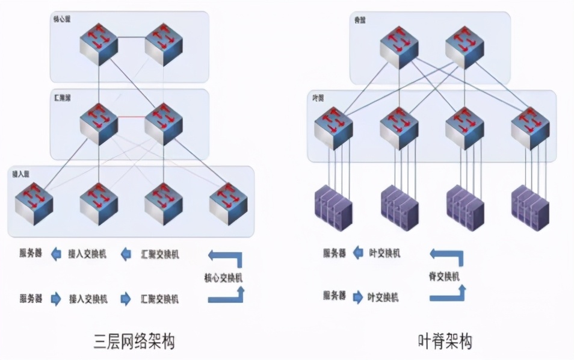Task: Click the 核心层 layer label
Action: pyautogui.click(x=63, y=20)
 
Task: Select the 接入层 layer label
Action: pyautogui.click(x=21, y=173)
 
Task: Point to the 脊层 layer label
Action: pyautogui.click(x=360, y=20)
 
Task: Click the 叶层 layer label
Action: pyautogui.click(x=318, y=98)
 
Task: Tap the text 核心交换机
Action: pyautogui.click(x=223, y=278)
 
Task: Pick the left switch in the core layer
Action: pyautogui.click(x=99, y=45)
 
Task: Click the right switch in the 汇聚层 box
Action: pyautogui.click(x=164, y=123)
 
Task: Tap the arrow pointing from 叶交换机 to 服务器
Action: pyautogui.click(x=357, y=253)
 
